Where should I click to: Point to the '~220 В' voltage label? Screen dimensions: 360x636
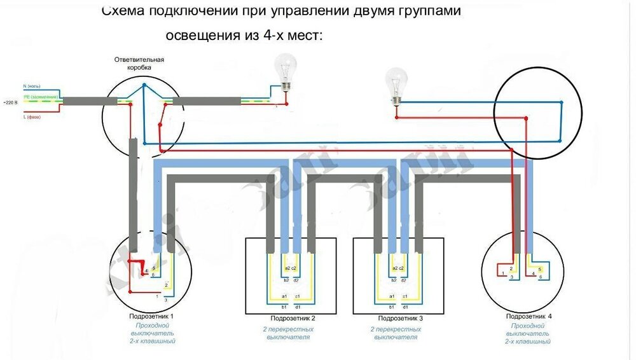[10, 102]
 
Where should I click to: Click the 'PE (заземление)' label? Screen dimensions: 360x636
[41, 96]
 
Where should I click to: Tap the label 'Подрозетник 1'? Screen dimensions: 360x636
[151, 316]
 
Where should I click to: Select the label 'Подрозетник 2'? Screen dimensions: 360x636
[293, 317]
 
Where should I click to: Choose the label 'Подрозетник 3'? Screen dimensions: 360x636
[400, 317]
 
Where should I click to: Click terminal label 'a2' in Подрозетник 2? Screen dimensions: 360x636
[287, 268]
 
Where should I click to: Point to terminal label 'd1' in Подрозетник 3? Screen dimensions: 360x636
[405, 307]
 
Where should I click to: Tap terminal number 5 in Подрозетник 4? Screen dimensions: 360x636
[539, 269]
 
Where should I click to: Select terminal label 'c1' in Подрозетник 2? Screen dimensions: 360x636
[298, 297]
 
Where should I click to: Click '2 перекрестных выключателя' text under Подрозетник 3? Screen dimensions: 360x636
[396, 333]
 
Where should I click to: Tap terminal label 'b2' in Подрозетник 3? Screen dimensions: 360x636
[394, 280]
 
